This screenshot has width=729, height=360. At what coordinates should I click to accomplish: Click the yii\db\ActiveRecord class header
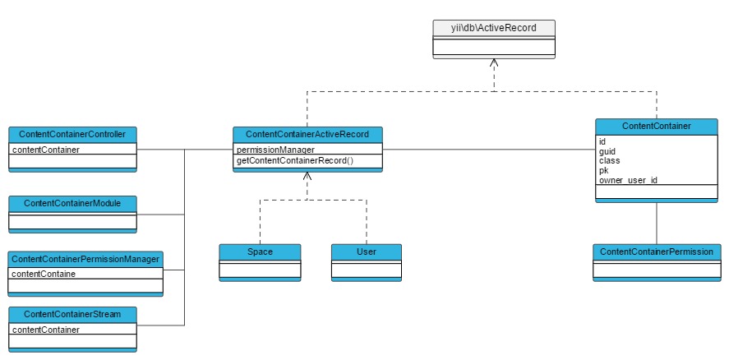(494, 28)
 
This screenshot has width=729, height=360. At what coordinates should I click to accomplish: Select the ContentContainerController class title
(72, 134)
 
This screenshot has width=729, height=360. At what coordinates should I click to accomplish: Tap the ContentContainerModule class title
(72, 202)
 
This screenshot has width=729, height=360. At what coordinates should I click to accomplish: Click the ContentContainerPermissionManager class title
(85, 259)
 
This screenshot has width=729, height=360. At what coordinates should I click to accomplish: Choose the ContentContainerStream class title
(72, 315)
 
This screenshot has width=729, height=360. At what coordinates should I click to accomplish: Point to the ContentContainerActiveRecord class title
(307, 134)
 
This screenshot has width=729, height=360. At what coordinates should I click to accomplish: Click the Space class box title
(260, 251)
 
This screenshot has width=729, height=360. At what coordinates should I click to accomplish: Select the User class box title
(367, 251)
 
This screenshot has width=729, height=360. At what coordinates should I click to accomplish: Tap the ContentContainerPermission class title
(656, 251)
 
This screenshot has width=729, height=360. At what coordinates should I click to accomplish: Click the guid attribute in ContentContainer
(607, 151)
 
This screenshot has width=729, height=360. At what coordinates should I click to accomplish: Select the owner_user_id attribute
(629, 179)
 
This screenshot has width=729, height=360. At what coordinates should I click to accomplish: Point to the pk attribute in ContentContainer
(604, 170)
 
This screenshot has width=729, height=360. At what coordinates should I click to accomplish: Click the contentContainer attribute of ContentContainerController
(45, 150)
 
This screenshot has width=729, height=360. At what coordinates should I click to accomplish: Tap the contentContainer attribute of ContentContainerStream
(45, 330)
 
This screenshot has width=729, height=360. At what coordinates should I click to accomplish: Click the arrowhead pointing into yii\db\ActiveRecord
(493, 63)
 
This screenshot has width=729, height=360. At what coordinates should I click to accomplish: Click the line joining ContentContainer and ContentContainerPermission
(656, 222)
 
